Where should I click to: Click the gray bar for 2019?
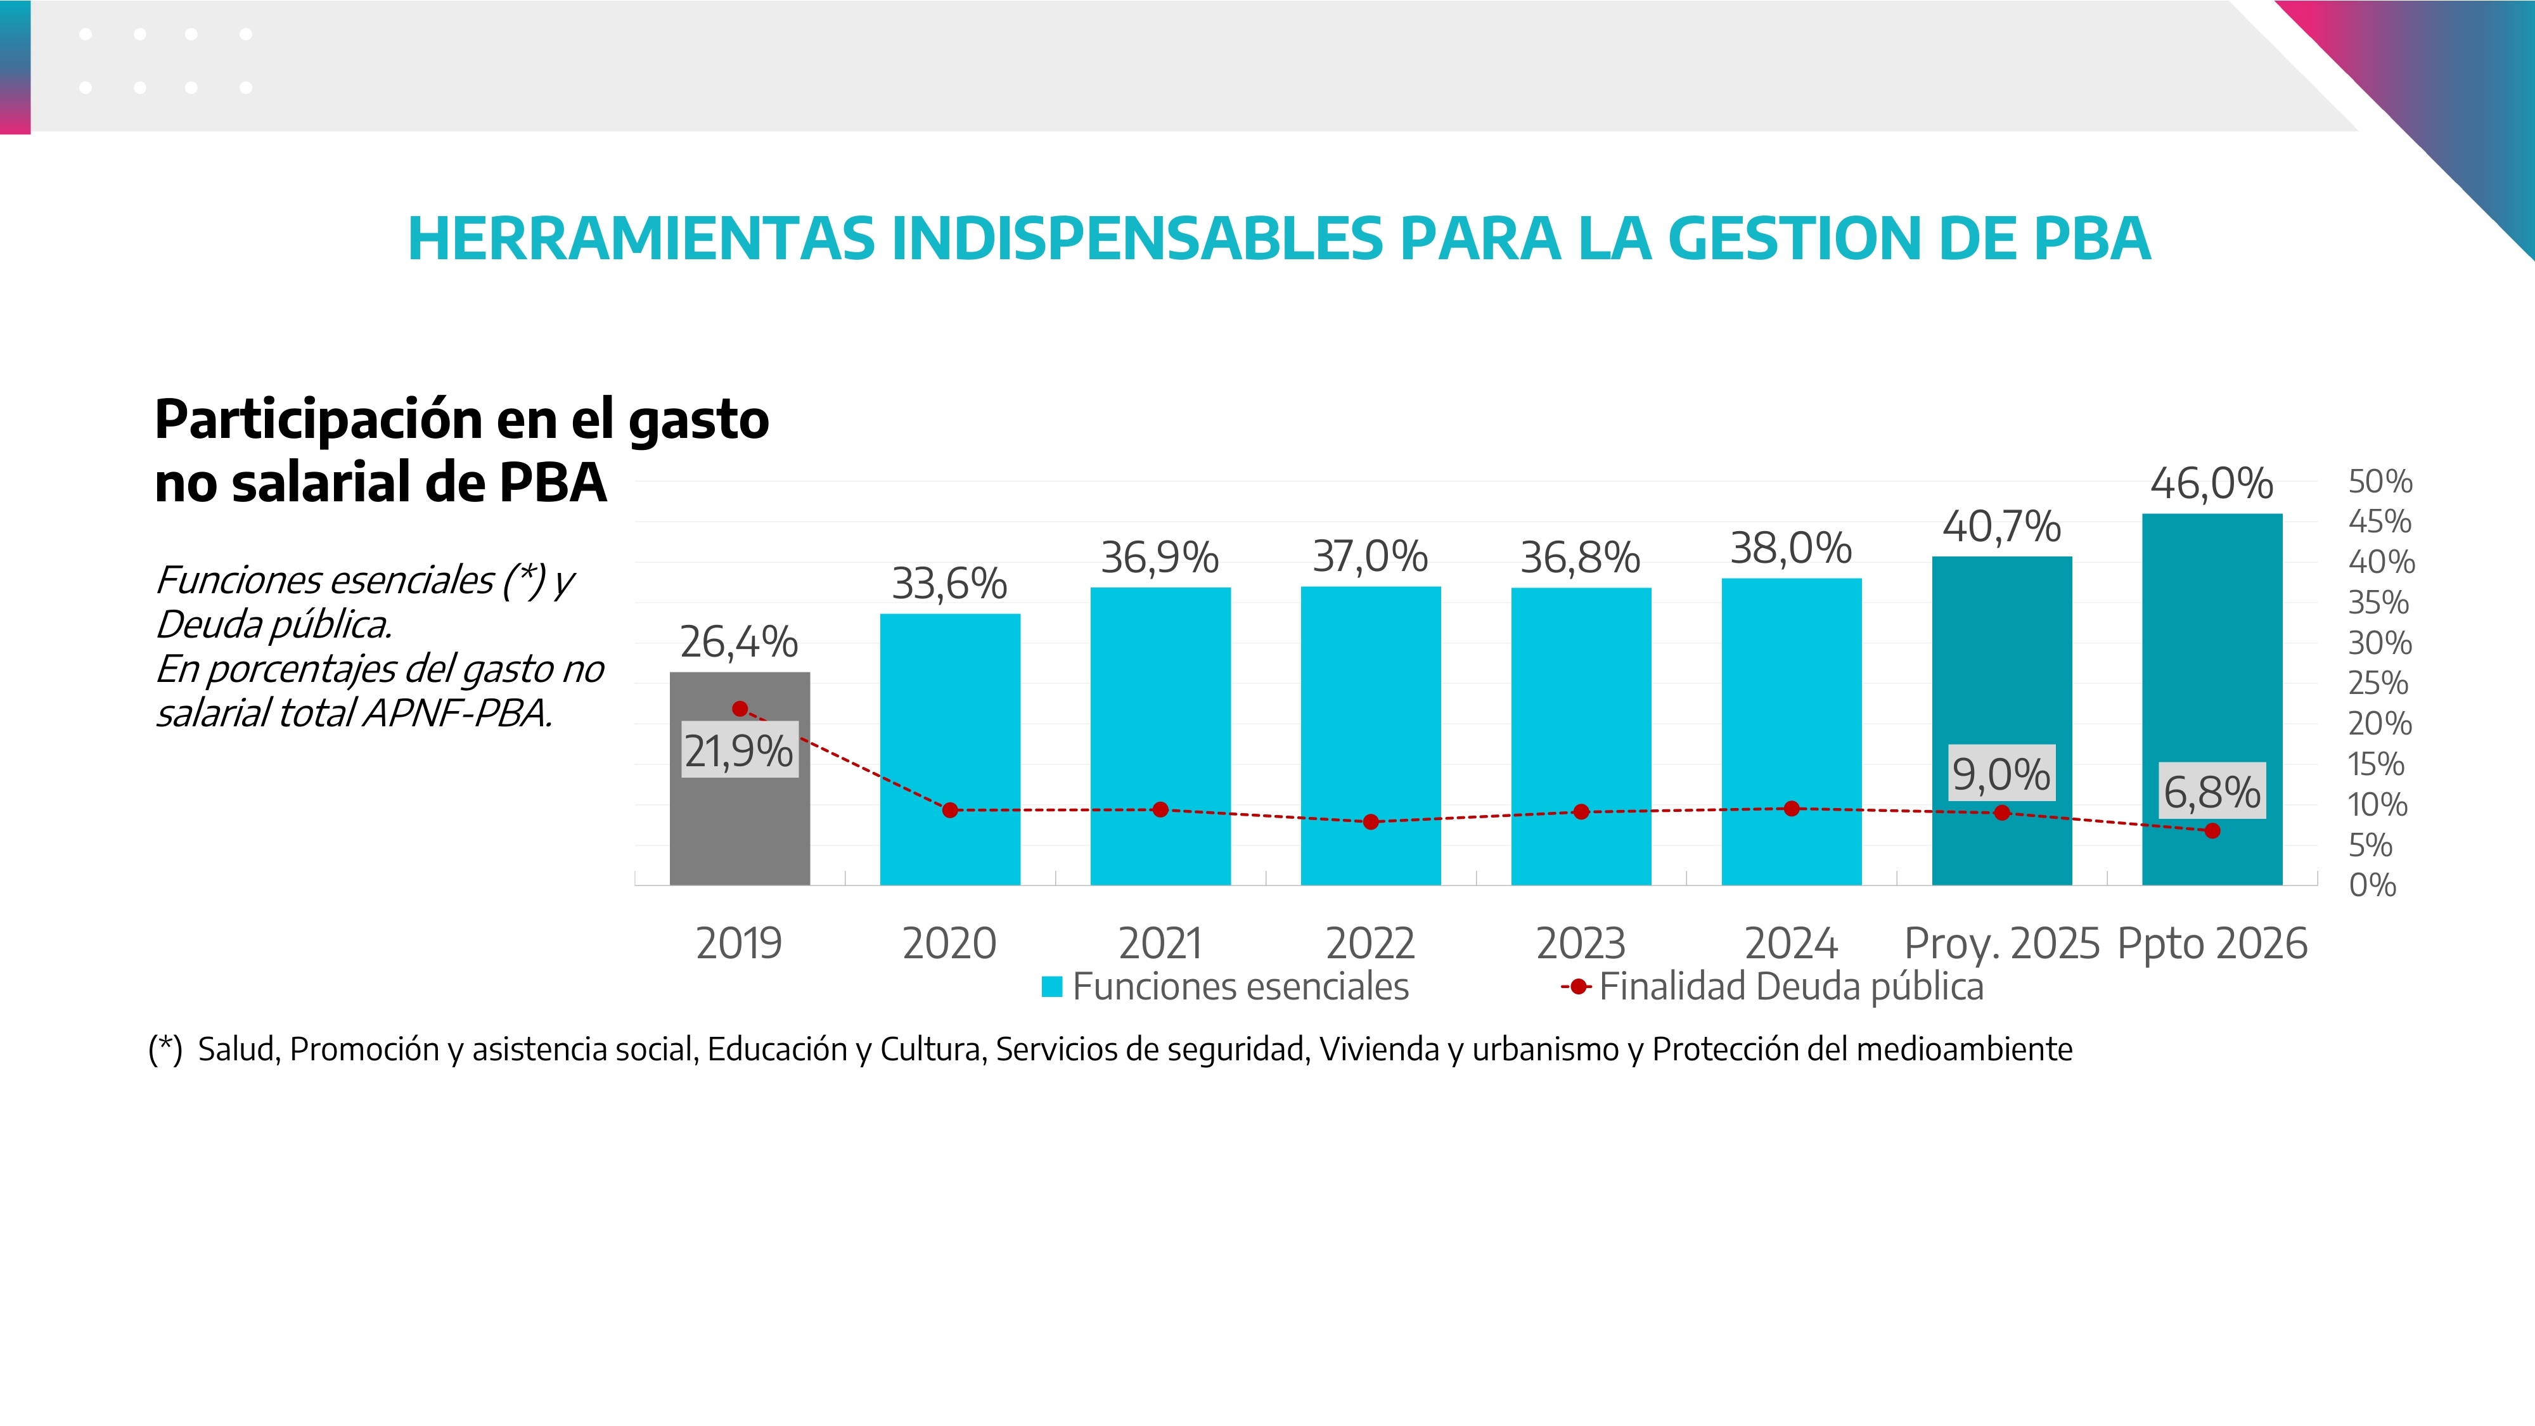739,837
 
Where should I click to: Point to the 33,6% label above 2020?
949,584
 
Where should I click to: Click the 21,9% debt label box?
739,752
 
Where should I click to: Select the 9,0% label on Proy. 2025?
2001,773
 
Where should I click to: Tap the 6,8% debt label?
2211,791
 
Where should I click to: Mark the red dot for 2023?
1581,812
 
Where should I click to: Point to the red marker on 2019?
740,709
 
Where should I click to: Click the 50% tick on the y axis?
2380,482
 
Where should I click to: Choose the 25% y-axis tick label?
2378,683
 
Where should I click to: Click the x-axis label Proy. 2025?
2001,944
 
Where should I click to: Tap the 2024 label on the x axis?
1791,944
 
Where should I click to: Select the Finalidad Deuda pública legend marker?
1577,987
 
